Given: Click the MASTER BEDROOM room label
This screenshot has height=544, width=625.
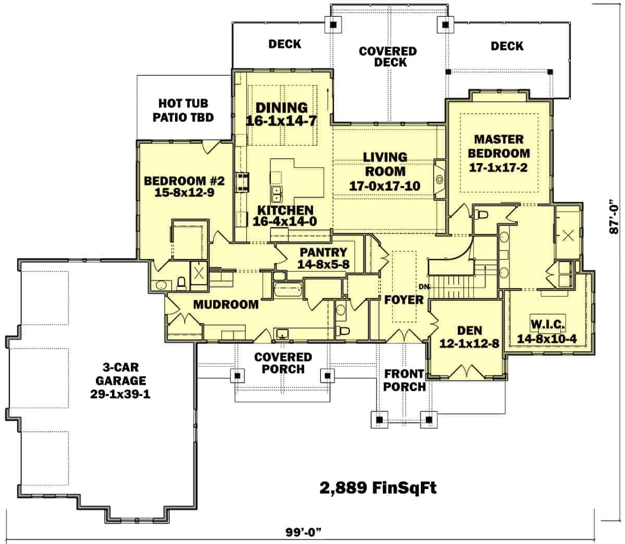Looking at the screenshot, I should [498, 146].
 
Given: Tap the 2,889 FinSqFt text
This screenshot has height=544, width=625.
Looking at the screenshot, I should [377, 488].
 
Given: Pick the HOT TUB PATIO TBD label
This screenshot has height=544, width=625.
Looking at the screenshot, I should [183, 110].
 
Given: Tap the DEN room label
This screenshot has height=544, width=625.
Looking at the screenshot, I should [469, 330].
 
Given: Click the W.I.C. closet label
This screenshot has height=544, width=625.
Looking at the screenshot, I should [547, 325].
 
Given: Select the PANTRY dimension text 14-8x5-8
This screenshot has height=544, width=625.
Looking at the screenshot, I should [323, 265].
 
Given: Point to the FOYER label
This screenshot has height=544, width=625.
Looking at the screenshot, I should [404, 300].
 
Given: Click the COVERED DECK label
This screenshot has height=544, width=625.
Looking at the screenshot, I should [387, 57].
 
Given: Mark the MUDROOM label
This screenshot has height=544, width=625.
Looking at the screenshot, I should [226, 304].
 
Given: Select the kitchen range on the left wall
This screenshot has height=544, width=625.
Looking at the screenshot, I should [243, 182].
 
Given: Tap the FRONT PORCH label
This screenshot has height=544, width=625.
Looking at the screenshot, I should [405, 380].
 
